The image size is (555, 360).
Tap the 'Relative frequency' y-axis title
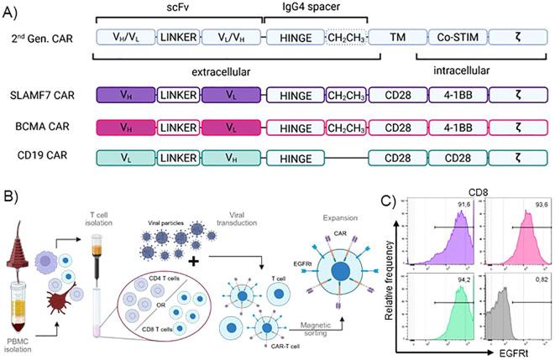389,276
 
